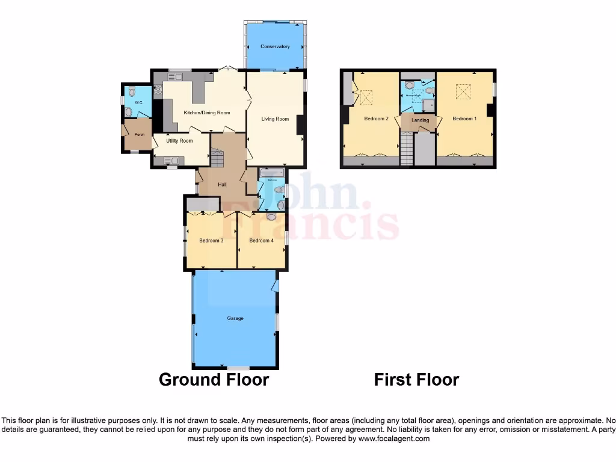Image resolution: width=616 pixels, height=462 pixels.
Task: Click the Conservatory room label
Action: tap(275, 47)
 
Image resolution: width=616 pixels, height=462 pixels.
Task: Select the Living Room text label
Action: tap(275, 119)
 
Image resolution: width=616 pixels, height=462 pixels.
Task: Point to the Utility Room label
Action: tap(180, 141)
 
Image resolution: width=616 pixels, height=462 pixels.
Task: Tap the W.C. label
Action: tap(138, 103)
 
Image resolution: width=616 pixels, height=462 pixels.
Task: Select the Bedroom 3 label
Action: tap(211, 241)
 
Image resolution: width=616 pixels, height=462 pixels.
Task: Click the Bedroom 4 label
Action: tap(262, 241)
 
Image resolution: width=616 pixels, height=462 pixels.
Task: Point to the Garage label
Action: tap(235, 318)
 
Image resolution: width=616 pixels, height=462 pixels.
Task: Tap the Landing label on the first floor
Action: tap(420, 120)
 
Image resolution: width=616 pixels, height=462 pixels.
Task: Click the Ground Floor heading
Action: tap(214, 380)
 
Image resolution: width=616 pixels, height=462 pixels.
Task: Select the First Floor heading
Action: tap(416, 380)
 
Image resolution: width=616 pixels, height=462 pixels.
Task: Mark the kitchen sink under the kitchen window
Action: tap(179, 76)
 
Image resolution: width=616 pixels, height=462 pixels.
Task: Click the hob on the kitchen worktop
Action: tap(158, 91)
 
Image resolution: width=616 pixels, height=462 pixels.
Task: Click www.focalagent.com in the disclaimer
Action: tap(394, 439)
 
